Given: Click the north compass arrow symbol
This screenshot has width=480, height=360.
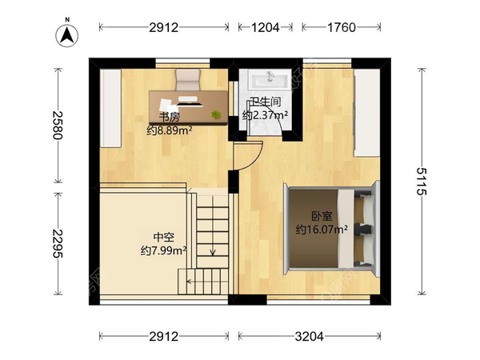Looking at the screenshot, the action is point(66,35).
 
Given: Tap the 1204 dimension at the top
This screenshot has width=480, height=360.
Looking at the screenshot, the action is point(265,27).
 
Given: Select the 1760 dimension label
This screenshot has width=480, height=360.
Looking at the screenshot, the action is point(342,27).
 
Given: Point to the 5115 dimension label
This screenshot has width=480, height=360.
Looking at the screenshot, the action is point(422,182).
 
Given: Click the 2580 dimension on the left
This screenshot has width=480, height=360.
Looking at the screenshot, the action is point(58,126).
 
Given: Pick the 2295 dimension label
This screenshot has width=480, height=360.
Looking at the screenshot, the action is point(58,244).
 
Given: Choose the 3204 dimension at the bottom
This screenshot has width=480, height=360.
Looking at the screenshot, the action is point(309,337).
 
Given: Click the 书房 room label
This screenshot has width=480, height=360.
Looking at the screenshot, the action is point(170,117).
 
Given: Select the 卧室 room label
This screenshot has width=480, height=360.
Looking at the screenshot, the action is point(322,217).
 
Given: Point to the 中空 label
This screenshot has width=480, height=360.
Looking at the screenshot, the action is point(164,238).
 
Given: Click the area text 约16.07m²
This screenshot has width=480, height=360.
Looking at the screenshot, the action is point(322,230).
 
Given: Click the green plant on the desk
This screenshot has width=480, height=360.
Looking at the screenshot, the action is point(216,114).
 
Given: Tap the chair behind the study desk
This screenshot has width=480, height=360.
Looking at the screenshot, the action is point(188,79).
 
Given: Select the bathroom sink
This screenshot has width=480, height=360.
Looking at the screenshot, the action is point(268,79).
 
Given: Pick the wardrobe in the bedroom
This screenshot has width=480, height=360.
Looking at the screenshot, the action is point(366,113).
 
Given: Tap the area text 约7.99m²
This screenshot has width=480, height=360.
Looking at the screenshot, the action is point(164,250).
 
